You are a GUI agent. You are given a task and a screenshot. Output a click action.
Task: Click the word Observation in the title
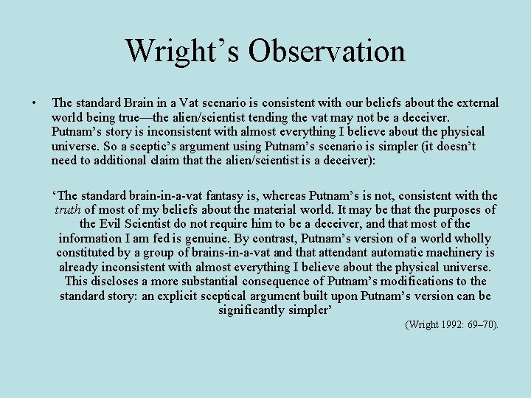tap(327, 51)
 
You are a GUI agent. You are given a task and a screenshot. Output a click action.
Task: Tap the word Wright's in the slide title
tap(184, 51)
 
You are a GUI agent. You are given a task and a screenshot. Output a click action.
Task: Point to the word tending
tap(308, 117)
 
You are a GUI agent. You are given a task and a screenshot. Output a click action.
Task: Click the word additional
tap(124, 160)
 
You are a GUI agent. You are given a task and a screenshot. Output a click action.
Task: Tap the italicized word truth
tap(68, 210)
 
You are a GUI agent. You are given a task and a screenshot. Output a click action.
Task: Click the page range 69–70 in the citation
tap(485, 324)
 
